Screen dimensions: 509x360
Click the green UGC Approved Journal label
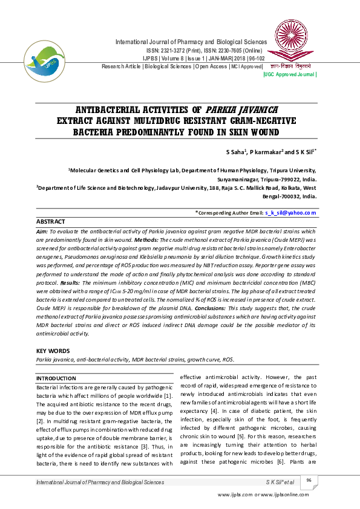point(290,74)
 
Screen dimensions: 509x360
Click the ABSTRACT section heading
point(50,222)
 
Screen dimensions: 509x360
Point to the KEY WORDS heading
point(53,351)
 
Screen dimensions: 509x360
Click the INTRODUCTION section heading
point(56,378)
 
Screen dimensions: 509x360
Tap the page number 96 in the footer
point(309,481)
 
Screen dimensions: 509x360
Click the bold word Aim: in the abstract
point(42,232)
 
